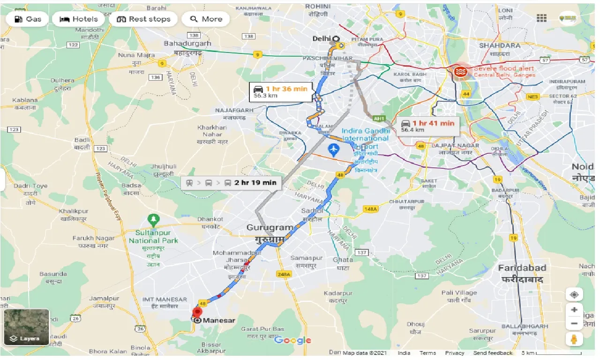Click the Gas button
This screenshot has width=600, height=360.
tap(28, 19)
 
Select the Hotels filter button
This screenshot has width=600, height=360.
tap(79, 19)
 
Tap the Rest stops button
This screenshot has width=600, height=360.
tap(143, 19)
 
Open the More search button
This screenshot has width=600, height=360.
tap(206, 19)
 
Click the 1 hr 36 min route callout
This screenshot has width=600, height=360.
tap(281, 91)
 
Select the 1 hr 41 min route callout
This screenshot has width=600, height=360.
tap(428, 126)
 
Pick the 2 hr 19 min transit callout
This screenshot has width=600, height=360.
tap(231, 183)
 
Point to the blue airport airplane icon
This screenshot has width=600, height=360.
tap(334, 151)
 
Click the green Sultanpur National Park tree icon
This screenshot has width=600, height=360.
tap(153, 218)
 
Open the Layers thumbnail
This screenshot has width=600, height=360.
tap(26, 327)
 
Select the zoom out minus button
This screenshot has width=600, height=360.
tap(574, 323)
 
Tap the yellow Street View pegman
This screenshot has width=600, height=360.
tap(574, 339)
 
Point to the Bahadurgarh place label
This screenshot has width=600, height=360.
tap(187, 44)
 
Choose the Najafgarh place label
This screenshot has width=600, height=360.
tap(234, 110)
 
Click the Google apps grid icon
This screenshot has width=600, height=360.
tap(541, 18)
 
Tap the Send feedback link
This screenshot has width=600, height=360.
tap(493, 353)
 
